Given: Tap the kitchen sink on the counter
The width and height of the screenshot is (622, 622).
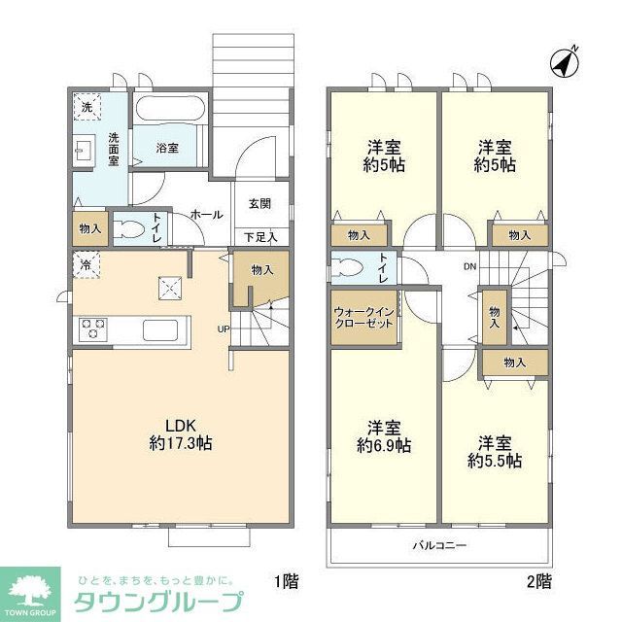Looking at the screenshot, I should point(159,328).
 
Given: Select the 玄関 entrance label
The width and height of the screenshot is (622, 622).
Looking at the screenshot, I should point(259,203).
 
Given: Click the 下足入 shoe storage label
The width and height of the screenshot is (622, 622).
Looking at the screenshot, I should point(259,236).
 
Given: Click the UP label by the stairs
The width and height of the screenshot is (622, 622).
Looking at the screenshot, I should point(223,328).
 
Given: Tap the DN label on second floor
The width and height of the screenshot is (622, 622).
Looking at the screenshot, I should point(469,266).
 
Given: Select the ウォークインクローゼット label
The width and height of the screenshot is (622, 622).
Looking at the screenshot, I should point(363,317).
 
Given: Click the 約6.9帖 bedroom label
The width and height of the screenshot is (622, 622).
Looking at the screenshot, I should point(383,436).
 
